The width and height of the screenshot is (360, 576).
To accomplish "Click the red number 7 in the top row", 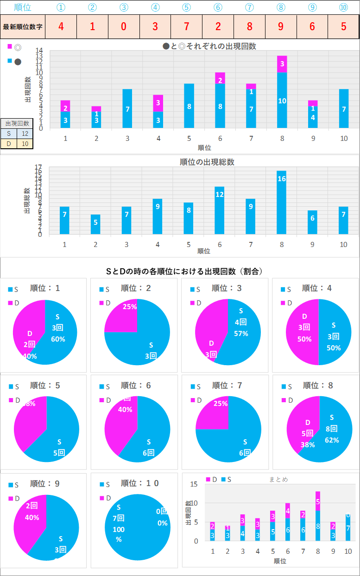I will (x=186, y=26).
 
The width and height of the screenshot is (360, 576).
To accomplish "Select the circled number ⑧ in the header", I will (x=281, y=7).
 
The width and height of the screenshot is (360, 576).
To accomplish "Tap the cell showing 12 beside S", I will (x=25, y=133).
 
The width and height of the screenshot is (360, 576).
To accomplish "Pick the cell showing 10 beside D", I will (x=25, y=144).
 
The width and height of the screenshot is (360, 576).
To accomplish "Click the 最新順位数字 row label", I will (x=23, y=26).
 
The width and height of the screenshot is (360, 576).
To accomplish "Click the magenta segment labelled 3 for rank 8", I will (x=282, y=64).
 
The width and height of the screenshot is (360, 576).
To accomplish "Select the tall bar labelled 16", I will (x=282, y=202).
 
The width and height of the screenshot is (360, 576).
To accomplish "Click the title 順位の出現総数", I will (x=207, y=162).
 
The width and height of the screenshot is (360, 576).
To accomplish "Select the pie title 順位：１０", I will (x=140, y=483).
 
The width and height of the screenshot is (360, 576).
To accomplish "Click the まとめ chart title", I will (x=278, y=479).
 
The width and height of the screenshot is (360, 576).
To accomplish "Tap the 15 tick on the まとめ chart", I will (x=194, y=484).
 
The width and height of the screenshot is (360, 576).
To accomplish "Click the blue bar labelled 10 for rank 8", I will (x=282, y=100).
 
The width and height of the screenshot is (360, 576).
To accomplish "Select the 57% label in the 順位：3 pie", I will (x=241, y=334).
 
